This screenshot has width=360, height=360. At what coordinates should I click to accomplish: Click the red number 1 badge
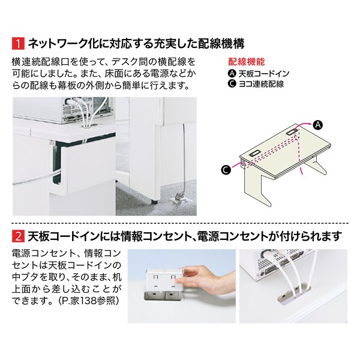tap(18, 43)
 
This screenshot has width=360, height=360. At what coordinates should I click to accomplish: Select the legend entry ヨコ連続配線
tap(260, 84)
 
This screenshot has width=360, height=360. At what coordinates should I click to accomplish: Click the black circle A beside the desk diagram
tap(318, 124)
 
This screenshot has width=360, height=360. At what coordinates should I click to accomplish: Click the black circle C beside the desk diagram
tap(225, 170)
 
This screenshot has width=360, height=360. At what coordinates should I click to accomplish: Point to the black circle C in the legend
tap(232, 84)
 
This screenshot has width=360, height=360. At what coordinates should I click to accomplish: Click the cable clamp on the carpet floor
tap(178, 197)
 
